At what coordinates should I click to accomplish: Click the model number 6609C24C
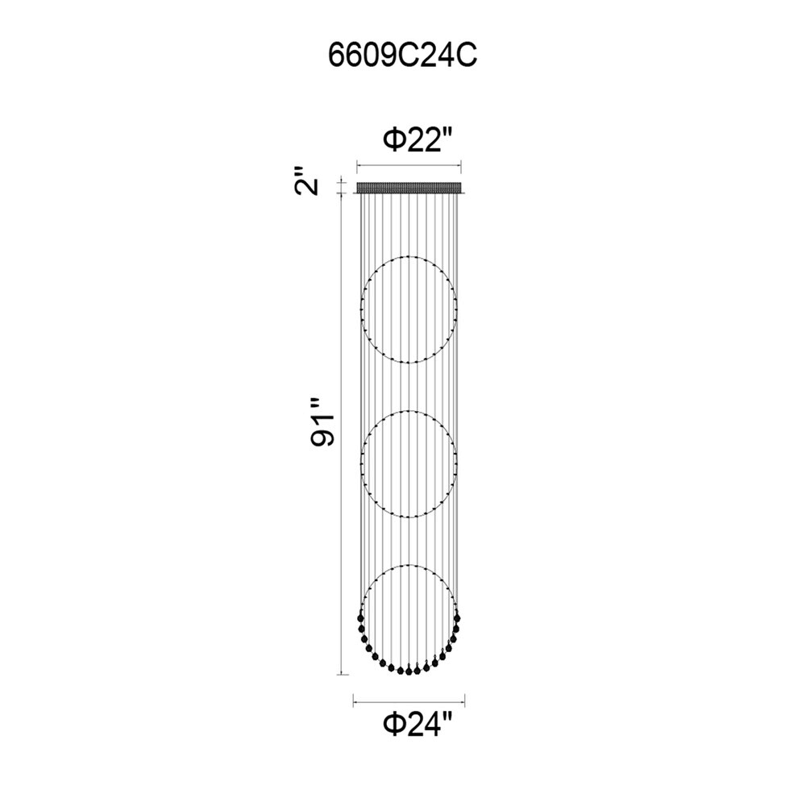(402, 56)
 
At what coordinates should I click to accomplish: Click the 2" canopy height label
(307, 181)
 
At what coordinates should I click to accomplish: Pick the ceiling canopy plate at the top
(409, 188)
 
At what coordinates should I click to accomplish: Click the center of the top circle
(409, 310)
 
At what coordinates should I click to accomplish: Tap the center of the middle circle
(409, 464)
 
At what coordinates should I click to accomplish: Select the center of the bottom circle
(409, 618)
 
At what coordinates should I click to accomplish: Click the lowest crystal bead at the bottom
(409, 671)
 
